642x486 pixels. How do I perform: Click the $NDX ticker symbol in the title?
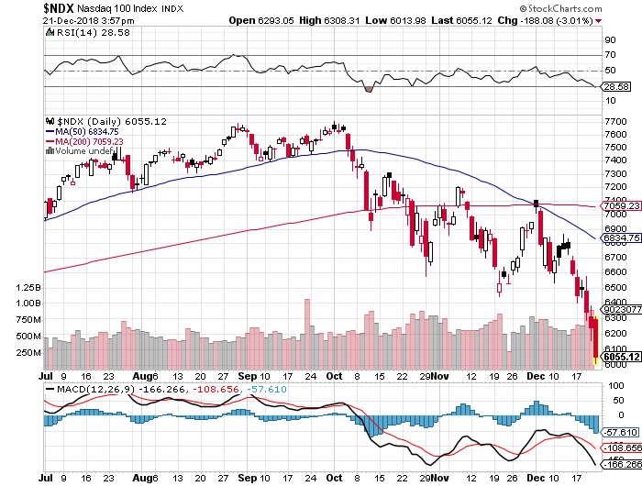[x=21, y=7]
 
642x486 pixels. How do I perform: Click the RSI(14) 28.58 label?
[x=80, y=33]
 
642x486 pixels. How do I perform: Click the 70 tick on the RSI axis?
[x=608, y=56]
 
